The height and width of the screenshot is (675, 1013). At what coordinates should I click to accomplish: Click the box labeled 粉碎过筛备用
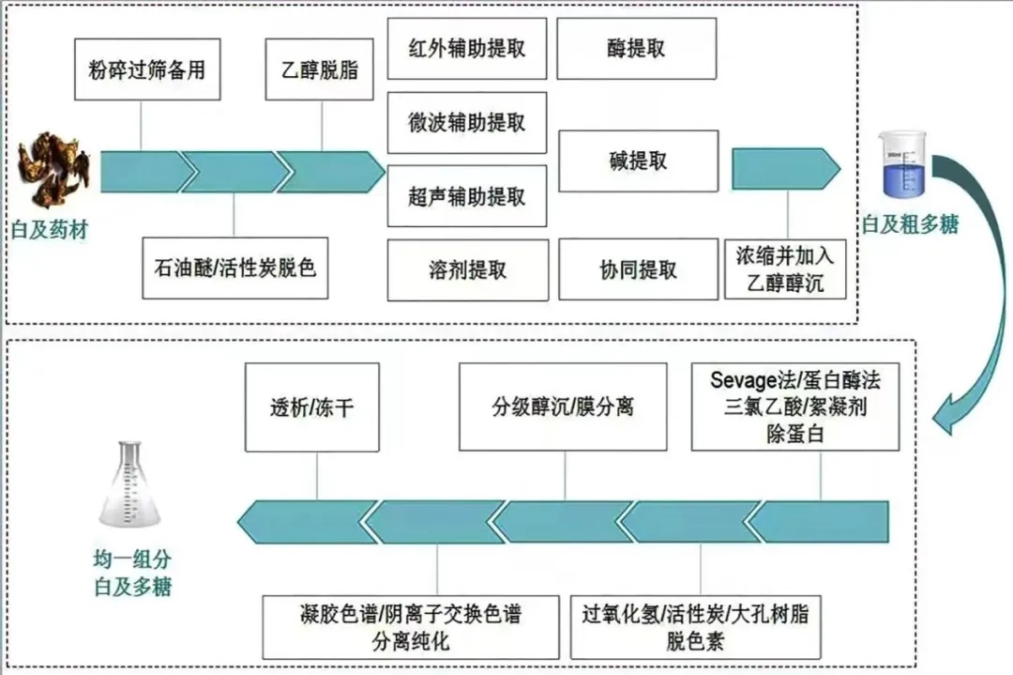[146, 69]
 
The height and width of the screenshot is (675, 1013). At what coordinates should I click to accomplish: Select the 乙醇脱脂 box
[320, 69]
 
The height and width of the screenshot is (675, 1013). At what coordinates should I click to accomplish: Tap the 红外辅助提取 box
[466, 49]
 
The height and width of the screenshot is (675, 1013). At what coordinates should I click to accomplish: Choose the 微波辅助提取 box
[466, 122]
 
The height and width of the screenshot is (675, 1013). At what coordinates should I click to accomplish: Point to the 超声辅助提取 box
[466, 195]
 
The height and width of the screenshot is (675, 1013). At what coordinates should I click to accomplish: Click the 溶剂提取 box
[466, 270]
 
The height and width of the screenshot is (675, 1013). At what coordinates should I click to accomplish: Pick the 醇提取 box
[637, 49]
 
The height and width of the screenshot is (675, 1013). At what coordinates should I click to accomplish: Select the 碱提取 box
[638, 161]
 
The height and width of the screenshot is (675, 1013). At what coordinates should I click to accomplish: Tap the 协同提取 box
[638, 270]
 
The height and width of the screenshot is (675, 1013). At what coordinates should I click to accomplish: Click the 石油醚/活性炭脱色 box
[234, 268]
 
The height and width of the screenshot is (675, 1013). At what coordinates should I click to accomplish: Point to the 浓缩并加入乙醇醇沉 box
[785, 268]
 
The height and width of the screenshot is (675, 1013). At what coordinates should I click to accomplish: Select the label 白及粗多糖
[911, 225]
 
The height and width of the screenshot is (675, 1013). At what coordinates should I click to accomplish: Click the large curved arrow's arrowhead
[949, 419]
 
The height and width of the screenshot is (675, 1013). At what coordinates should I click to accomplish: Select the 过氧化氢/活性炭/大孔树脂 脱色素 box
[695, 627]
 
